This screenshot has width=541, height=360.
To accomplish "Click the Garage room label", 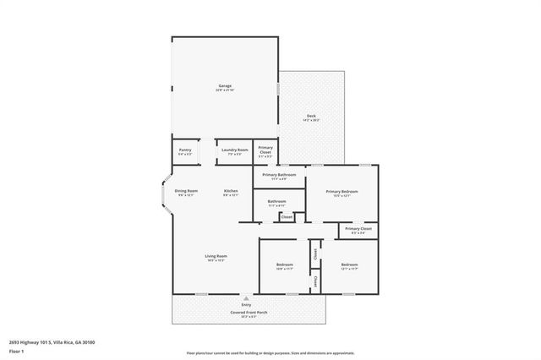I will [x=225, y=86].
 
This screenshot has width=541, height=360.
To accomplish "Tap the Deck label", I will [x=311, y=117].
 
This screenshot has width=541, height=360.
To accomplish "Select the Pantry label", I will [x=185, y=150].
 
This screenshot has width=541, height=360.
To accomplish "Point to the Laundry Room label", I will [x=235, y=150].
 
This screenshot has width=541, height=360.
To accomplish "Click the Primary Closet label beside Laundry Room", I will [x=265, y=151].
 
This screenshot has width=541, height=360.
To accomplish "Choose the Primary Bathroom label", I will [x=279, y=176].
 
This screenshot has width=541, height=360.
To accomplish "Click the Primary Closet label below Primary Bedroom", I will [x=358, y=229].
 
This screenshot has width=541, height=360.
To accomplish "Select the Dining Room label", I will [x=186, y=192].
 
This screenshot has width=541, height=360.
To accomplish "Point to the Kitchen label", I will [x=231, y=192].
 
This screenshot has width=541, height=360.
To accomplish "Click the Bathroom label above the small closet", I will [x=276, y=201].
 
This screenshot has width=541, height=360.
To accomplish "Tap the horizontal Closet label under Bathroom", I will [x=287, y=217].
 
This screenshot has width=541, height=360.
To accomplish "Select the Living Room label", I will [x=216, y=257].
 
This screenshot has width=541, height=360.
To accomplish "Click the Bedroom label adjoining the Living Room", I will [x=284, y=265].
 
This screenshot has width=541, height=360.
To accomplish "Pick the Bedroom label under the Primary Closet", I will [x=349, y=265].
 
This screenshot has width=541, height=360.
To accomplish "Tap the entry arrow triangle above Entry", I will [x=246, y=298].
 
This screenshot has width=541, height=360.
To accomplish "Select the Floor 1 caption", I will [x=15, y=351].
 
